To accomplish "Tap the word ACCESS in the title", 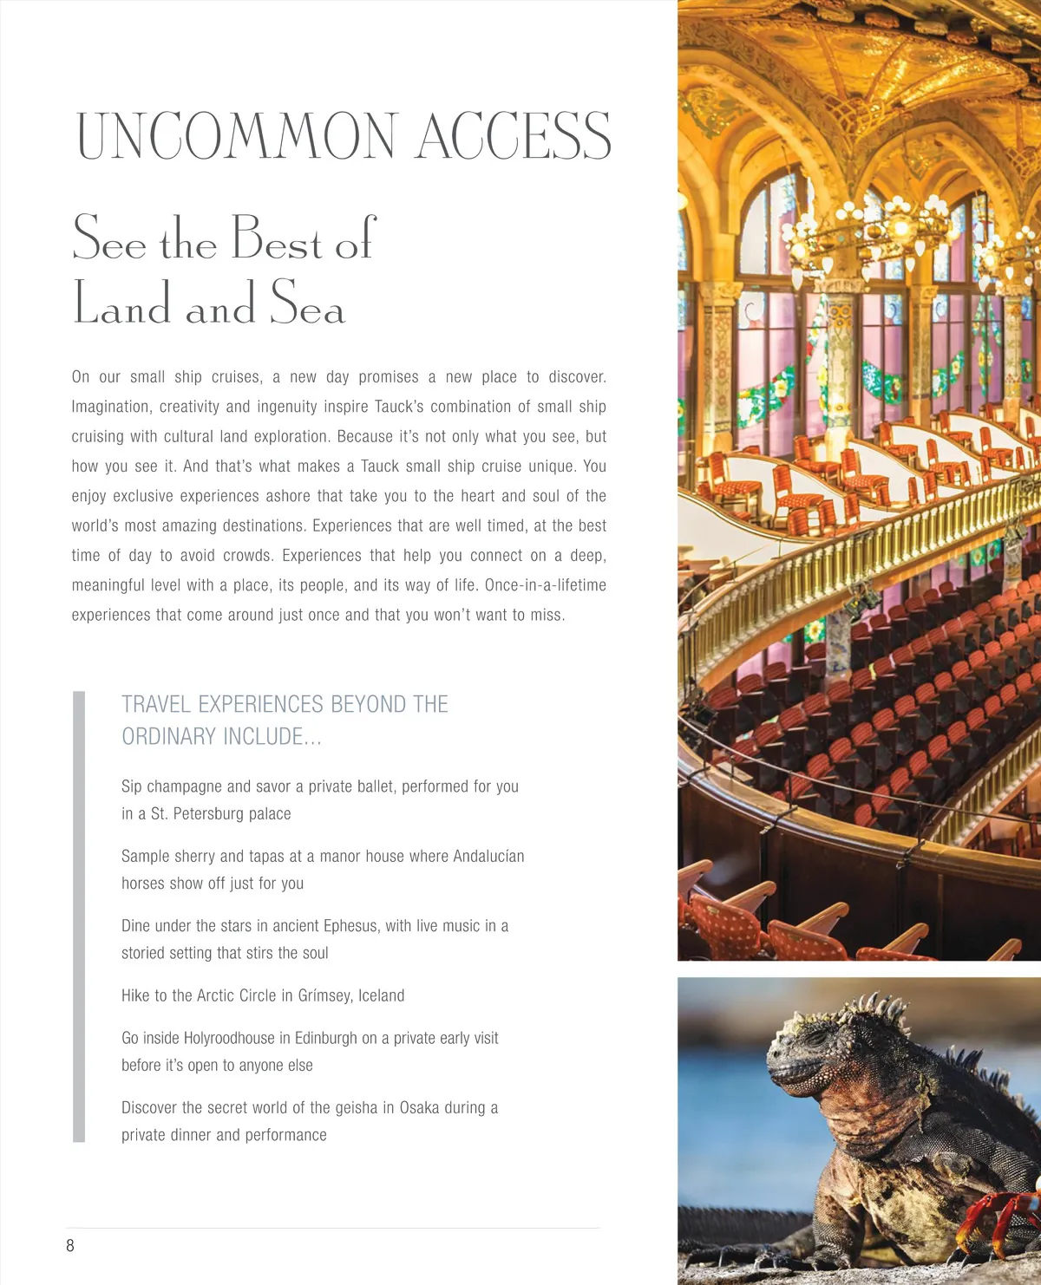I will click(x=514, y=136).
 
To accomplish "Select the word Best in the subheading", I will click(x=276, y=238).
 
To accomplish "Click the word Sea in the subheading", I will click(x=307, y=303).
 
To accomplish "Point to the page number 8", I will click(x=70, y=1246).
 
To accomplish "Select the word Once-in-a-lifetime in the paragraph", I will click(x=546, y=585).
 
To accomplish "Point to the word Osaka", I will click(x=419, y=1108).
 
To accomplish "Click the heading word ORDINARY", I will click(x=168, y=737).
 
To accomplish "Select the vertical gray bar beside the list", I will click(x=79, y=916).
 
